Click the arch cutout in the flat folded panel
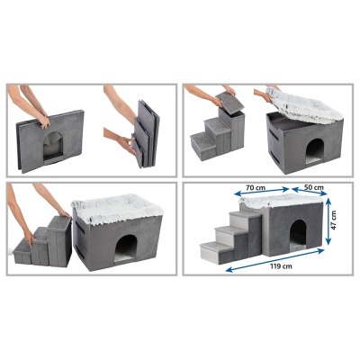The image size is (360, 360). pyautogui.click(x=53, y=141)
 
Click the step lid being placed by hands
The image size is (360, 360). pyautogui.click(x=223, y=104)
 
